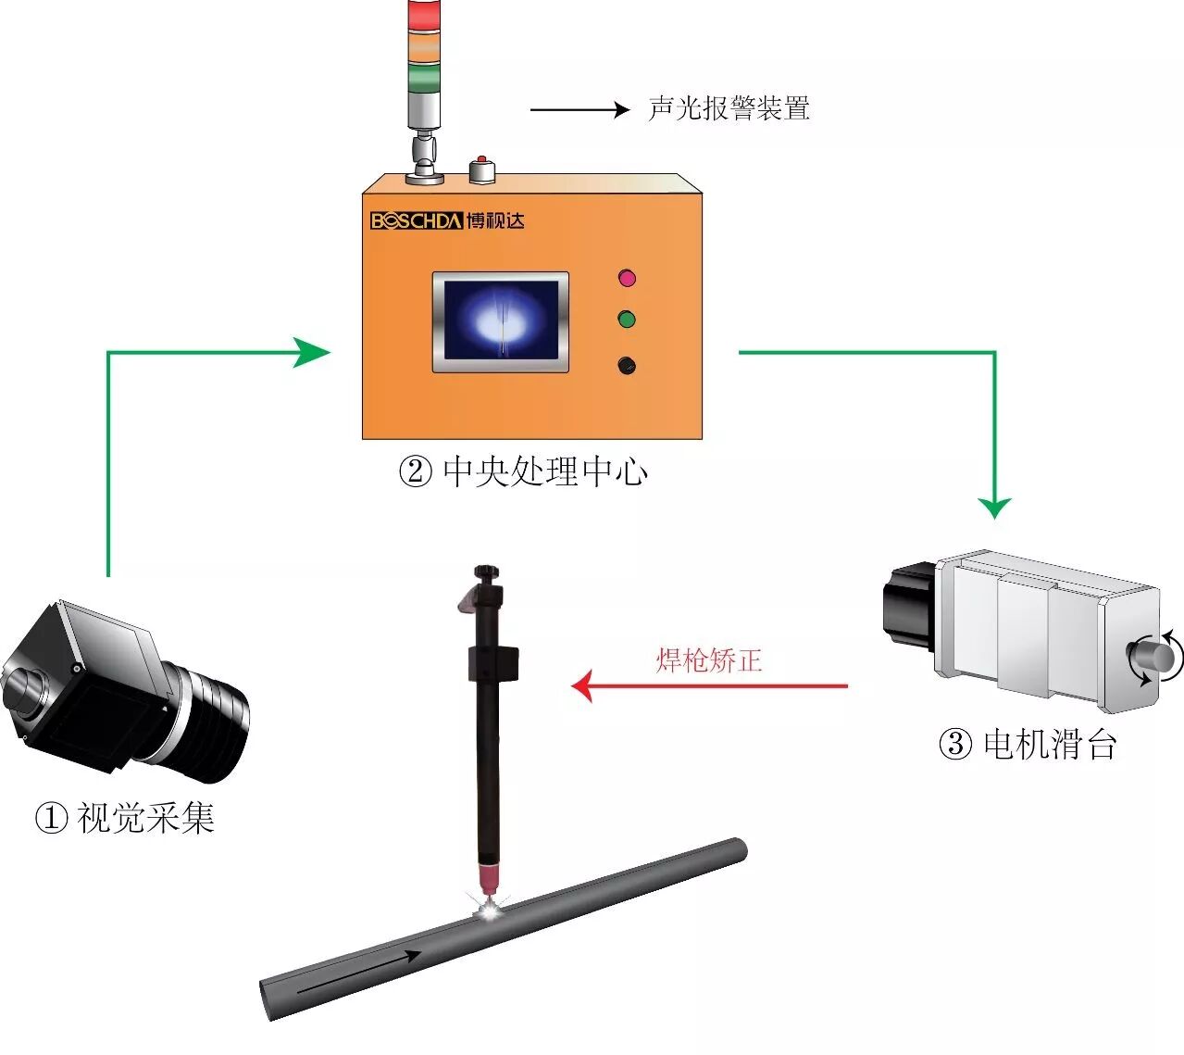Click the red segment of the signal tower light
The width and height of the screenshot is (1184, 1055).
point(425,14)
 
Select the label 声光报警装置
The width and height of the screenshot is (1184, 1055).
point(729,108)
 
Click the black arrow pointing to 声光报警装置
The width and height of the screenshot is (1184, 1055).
point(580,109)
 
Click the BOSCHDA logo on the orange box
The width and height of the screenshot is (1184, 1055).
point(447,220)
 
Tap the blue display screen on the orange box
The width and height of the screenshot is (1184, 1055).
point(501,320)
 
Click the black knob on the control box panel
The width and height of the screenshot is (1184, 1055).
point(627,365)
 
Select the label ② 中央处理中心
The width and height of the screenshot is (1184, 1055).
point(523,472)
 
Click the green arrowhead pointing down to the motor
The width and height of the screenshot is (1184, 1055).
point(994,508)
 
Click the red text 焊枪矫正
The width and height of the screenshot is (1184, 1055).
point(709,660)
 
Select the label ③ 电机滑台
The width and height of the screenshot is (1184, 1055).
point(1028,745)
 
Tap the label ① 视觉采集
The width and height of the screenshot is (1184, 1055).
point(125,817)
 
